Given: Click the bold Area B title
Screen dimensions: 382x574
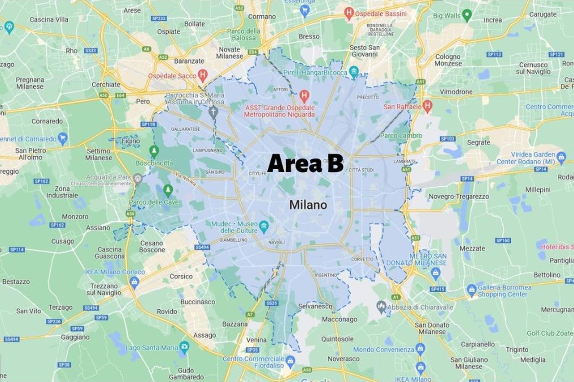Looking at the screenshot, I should click(x=305, y=163).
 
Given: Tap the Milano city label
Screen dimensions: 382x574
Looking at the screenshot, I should click(x=308, y=205).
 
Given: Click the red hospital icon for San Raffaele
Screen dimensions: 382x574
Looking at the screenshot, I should click(x=427, y=106).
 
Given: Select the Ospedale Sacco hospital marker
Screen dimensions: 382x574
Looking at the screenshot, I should click(x=203, y=75).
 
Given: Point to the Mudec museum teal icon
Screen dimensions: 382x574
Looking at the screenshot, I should click(x=264, y=227).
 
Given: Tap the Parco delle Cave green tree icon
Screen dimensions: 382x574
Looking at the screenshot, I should click(x=168, y=191).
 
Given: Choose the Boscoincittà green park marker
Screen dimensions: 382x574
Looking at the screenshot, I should click(x=154, y=151).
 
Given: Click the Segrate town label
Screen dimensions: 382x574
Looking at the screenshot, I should click(x=478, y=142).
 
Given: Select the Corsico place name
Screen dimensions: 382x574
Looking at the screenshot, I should click(x=181, y=277).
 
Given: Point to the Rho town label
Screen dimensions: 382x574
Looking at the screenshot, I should click(x=72, y=51).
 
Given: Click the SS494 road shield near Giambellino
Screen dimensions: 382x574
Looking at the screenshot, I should click(x=202, y=247).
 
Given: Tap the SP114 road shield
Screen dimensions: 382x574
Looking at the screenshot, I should click(x=17, y=250).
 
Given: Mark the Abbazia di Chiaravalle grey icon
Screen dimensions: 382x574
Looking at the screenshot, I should click(x=382, y=307).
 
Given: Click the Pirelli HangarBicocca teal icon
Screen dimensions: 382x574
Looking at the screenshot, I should click(x=354, y=72).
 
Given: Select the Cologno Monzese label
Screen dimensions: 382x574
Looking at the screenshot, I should click(x=448, y=60).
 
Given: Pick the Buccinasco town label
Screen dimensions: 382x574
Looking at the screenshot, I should click(x=198, y=302).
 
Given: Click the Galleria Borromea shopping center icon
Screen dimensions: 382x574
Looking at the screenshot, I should click(x=471, y=290).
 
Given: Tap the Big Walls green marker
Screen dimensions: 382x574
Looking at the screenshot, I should click(x=467, y=15).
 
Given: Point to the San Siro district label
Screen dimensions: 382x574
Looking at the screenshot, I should click(x=215, y=172).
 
